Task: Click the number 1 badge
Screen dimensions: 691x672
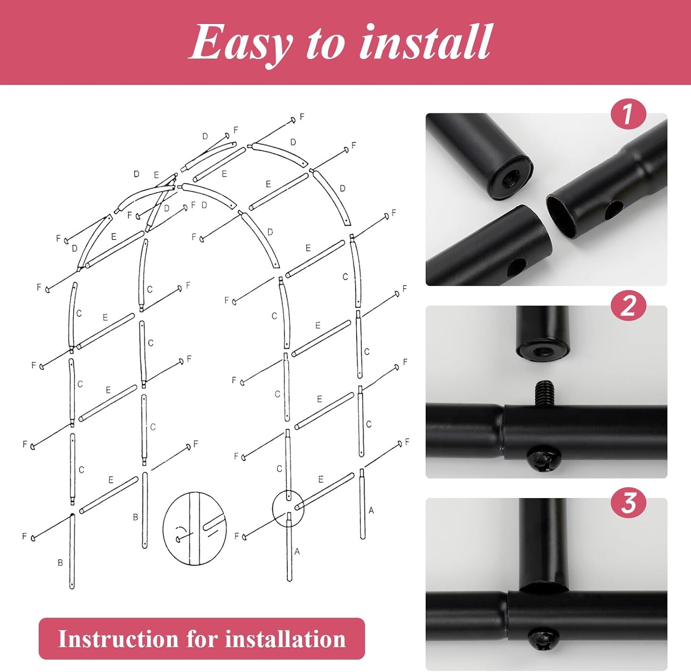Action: [628, 114]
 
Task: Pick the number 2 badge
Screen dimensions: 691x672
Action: [628, 306]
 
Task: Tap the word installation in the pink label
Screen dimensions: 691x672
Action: [286, 639]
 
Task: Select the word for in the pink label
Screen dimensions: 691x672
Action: [203, 639]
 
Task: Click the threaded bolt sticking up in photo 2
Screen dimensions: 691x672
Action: [545, 392]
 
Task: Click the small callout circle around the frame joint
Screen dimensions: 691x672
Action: [288, 508]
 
